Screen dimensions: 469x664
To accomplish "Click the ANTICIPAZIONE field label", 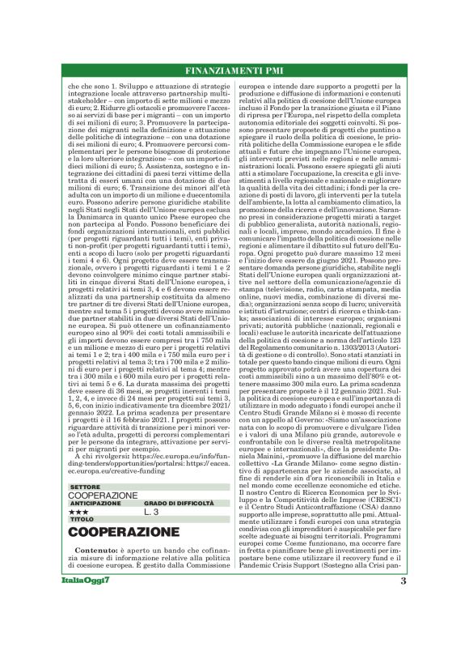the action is tap(95, 503).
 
